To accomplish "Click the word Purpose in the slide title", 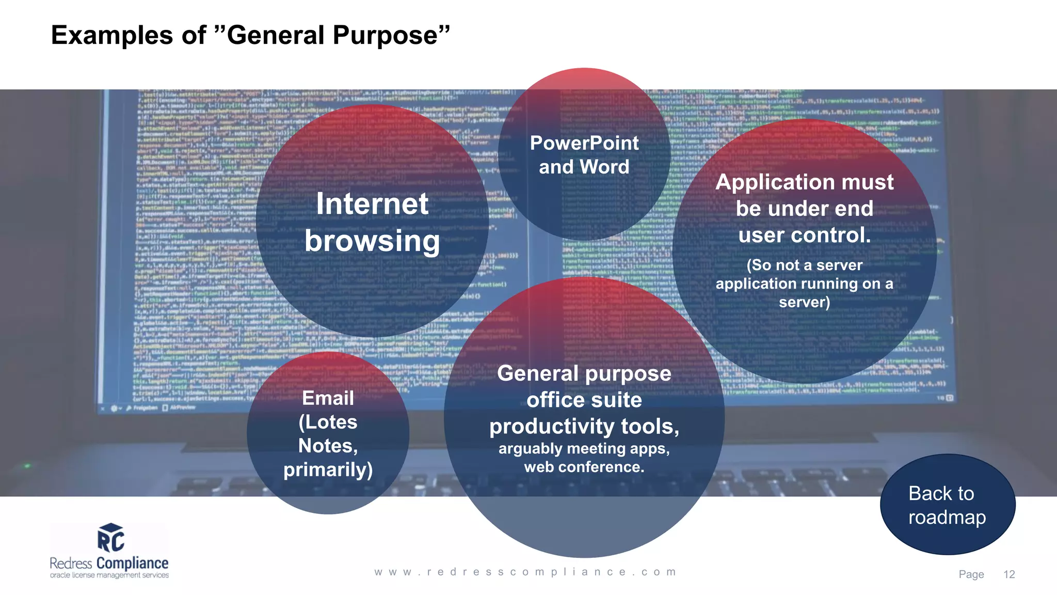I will coord(385,36).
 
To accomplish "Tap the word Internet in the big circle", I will coord(372,203).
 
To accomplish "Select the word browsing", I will coord(372,241).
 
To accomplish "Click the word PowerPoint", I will coord(584,143).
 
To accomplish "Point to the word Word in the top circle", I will coord(604,167).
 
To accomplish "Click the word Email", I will coord(328,398).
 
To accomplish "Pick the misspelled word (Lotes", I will coord(328,422).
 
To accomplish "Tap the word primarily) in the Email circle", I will coord(328,469).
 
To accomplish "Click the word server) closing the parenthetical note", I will coord(804,302).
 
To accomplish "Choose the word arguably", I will coord(530,448).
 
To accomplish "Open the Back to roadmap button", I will coord(948,505).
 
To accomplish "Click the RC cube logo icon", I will coord(110,538).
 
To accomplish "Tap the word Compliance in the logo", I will coord(132,563).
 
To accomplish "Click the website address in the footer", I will coord(525,572).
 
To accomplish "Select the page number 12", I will coord(1009,574).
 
